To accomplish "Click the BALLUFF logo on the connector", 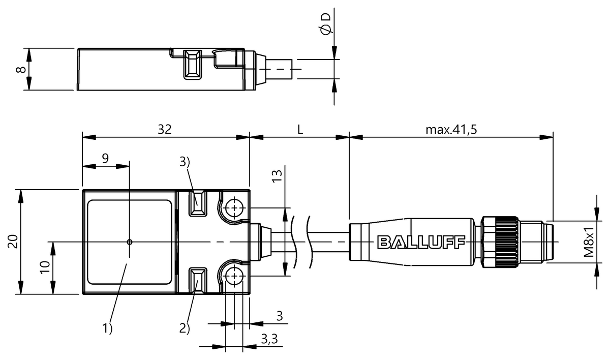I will point(421,243).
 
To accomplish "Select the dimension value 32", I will point(164,130).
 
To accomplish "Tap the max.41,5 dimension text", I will point(451,130).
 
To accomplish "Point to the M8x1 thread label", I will point(589,243).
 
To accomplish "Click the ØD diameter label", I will point(326,24).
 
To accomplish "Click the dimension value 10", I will point(45,267).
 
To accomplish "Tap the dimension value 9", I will point(105,158).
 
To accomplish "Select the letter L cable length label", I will point(300,130).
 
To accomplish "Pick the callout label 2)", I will point(184,328).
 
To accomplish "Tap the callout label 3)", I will point(185,162).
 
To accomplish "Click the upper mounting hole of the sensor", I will point(234,207).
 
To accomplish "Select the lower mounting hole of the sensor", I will point(234,276).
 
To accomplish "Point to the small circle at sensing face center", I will point(130,242).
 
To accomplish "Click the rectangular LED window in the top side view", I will point(192,64).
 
